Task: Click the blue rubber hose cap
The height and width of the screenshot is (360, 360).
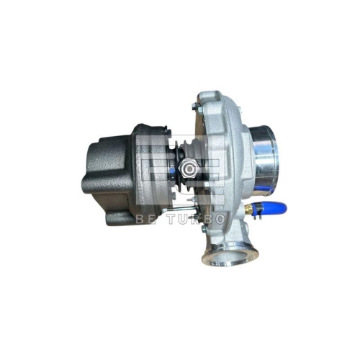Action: click(273, 209)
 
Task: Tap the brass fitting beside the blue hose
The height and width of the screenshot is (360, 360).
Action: click(249, 210)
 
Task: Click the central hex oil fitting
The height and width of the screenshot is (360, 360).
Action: click(189, 168)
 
